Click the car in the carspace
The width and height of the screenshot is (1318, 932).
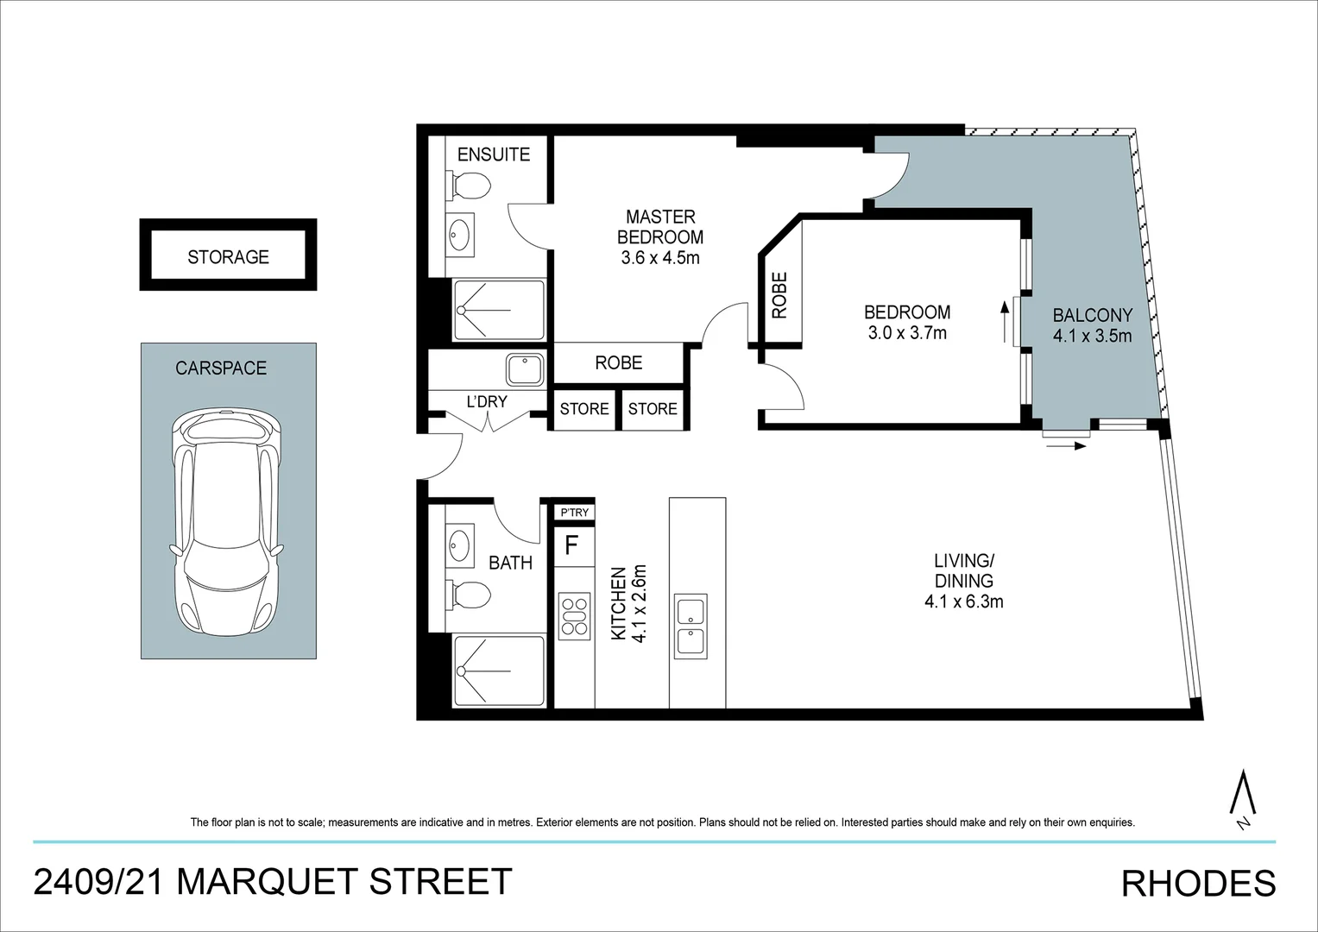(228, 522)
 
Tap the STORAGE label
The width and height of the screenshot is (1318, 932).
(228, 256)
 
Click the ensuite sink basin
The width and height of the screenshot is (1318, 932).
(460, 233)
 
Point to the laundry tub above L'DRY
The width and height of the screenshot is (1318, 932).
(524, 370)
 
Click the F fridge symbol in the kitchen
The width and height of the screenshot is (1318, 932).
(571, 545)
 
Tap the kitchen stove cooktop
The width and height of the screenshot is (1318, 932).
(574, 615)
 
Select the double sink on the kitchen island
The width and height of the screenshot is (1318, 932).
(691, 626)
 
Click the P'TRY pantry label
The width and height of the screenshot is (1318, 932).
(574, 513)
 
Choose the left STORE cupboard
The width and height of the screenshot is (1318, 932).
(583, 409)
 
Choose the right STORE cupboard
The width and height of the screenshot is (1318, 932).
(653, 409)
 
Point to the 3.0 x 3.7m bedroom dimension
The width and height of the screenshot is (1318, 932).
(907, 333)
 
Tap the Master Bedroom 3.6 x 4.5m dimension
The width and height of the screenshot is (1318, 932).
(659, 257)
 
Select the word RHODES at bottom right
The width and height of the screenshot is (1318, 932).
(1198, 884)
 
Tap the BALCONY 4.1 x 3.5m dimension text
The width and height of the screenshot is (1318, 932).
(1092, 337)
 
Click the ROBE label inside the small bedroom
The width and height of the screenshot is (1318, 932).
(779, 296)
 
